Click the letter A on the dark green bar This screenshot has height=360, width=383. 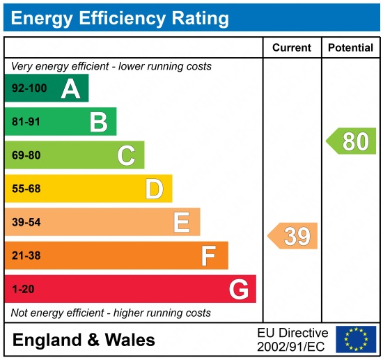click(x=70, y=88)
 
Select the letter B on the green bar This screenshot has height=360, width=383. click(x=98, y=122)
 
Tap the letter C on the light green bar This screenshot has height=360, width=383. click(x=126, y=155)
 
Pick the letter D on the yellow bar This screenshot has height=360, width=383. click(x=154, y=189)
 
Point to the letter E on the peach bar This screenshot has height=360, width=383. click(x=182, y=222)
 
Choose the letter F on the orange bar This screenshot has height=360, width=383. click(x=209, y=256)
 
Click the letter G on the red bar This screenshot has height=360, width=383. click(x=238, y=289)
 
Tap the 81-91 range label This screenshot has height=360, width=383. click(x=26, y=122)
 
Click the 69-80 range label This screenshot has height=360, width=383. click(x=26, y=155)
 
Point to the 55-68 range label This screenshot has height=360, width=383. click(x=26, y=189)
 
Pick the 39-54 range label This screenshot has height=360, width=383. click(x=26, y=222)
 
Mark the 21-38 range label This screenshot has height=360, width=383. click(x=26, y=256)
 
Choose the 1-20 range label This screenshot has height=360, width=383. click(x=23, y=289)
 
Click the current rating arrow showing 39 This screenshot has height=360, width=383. click(x=294, y=236)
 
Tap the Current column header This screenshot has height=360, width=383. click(x=292, y=48)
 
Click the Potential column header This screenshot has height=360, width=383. click(x=350, y=48)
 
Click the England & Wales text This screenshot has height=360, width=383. click(x=84, y=341)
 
